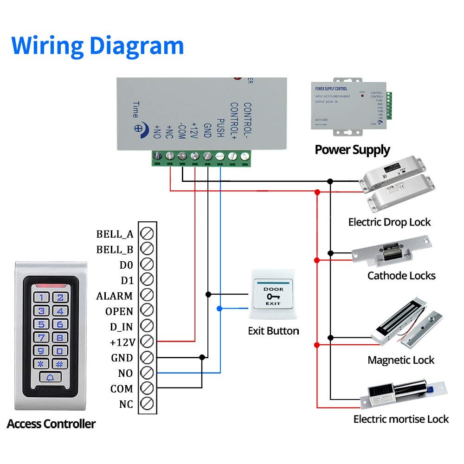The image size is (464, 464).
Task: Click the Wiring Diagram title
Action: [x=97, y=45]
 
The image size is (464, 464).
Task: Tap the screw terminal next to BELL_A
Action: [x=147, y=233]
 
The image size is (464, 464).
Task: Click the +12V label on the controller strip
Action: [x=122, y=342]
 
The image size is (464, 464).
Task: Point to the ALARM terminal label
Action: [x=114, y=296]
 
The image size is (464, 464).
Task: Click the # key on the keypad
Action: [x=59, y=364]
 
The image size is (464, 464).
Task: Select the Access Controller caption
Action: [x=51, y=424]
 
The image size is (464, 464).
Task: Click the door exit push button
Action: [x=273, y=296]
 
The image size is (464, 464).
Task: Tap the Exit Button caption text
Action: [x=273, y=331]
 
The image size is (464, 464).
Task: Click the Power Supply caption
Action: [x=352, y=150]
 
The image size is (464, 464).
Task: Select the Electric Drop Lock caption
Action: [x=389, y=222]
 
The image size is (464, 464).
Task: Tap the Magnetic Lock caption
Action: [x=401, y=360]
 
